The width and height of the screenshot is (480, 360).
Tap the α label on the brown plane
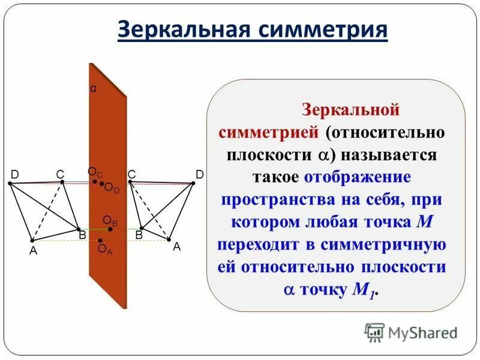[x=93, y=88]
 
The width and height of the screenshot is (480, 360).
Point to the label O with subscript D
[x=112, y=188]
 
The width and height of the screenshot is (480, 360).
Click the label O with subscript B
[x=110, y=221]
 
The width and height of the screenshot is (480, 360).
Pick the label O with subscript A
[x=105, y=249]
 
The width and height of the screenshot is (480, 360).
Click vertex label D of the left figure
[x=14, y=174]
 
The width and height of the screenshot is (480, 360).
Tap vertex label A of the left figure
[x=34, y=251]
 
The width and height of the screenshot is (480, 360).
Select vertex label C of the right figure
[x=131, y=174]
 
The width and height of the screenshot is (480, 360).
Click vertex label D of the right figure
[x=200, y=174]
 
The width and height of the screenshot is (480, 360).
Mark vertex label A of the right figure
[x=177, y=246]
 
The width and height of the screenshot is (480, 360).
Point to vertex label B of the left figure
[x=83, y=235]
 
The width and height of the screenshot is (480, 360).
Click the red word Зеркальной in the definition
[x=350, y=110]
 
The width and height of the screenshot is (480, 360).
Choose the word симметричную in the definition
[x=384, y=245]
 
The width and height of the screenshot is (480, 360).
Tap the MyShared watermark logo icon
[x=374, y=332]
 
